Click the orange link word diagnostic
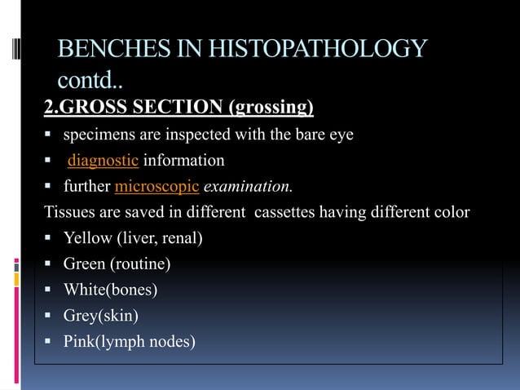coord(103,160)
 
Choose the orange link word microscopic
coord(157,186)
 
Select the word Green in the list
coord(84,264)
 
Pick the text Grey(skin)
coord(101,315)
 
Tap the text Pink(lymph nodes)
coord(129,341)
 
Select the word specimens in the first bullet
coord(100,134)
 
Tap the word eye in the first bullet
coord(342,135)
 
